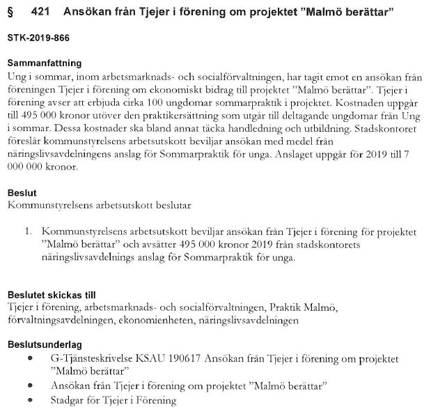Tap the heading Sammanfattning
point(44,63)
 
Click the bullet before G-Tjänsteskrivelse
point(31,358)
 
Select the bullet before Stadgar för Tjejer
point(31,401)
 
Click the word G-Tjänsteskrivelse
point(95,358)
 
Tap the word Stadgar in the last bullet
point(69,401)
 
